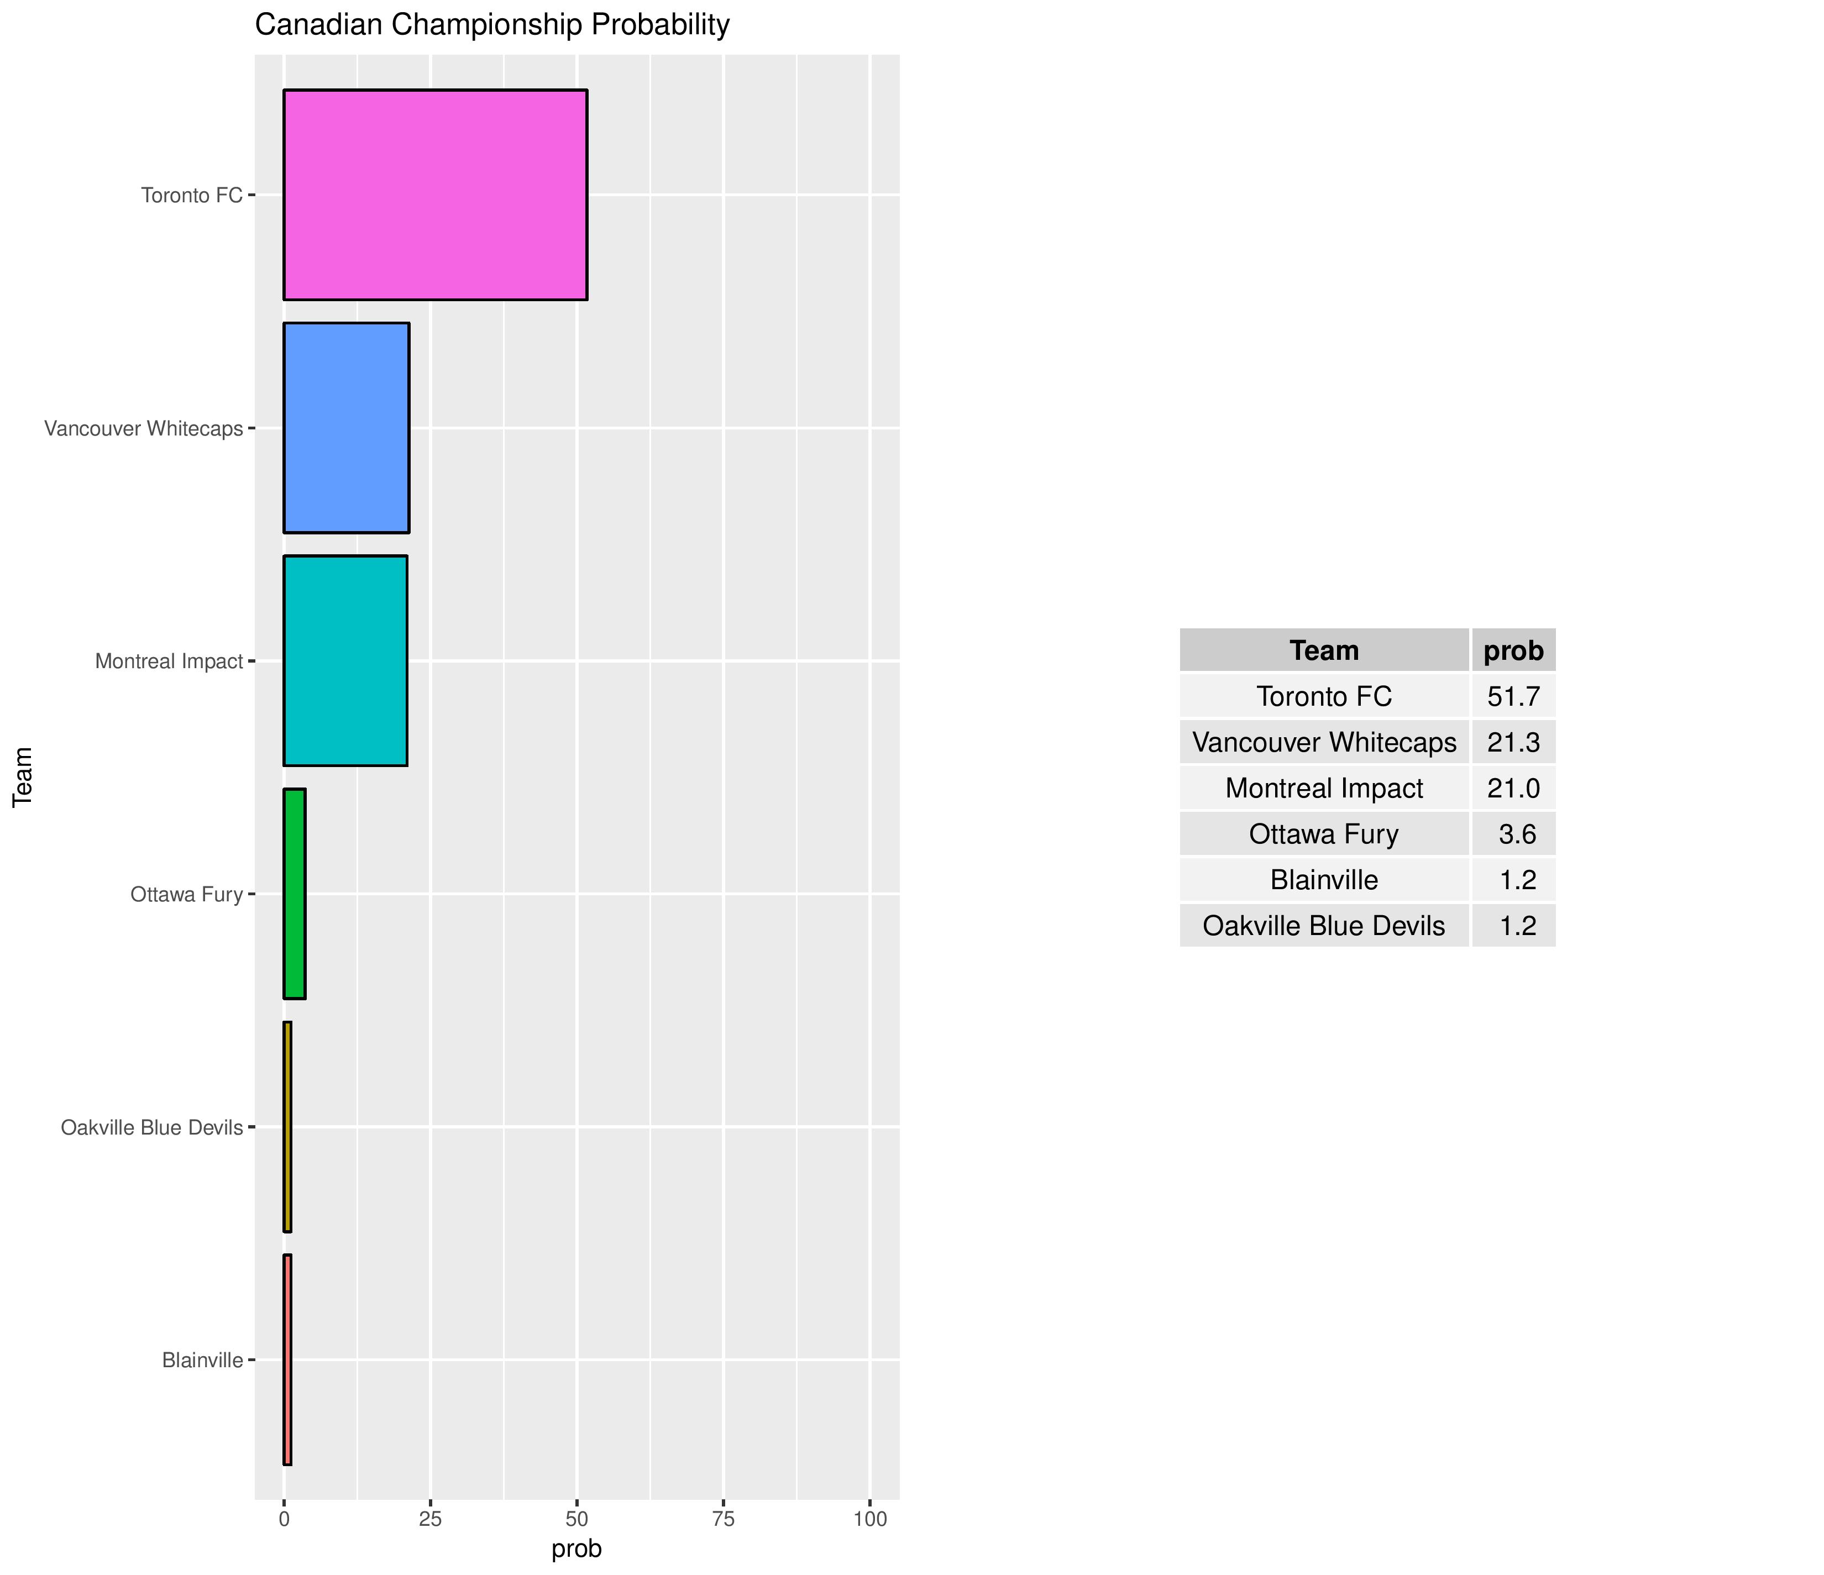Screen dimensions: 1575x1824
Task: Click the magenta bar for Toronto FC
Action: click(435, 195)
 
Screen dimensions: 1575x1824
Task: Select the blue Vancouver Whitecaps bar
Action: click(346, 428)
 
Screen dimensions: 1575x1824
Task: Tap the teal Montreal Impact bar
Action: click(345, 660)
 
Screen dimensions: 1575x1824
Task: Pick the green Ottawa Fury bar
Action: click(294, 894)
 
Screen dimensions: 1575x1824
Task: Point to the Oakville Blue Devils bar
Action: click(287, 1127)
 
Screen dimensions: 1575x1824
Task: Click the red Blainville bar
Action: click(287, 1360)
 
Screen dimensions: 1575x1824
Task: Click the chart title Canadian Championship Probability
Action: click(492, 25)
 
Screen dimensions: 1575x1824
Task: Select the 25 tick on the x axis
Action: click(429, 1519)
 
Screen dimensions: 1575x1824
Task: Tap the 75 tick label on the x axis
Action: click(723, 1519)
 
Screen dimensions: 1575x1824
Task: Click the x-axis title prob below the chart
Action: click(576, 1548)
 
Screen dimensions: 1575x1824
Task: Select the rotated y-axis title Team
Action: click(23, 776)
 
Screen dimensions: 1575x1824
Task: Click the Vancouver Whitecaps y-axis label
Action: click(144, 429)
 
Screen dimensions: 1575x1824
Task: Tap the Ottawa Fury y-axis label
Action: click(187, 895)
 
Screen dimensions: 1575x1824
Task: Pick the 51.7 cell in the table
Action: click(1513, 696)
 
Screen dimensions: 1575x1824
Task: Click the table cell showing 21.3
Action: click(1513, 742)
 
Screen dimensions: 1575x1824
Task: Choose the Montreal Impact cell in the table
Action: click(1324, 788)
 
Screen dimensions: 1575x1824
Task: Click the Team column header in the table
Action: click(1324, 650)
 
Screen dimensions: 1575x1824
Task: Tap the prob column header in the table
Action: click(1513, 650)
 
